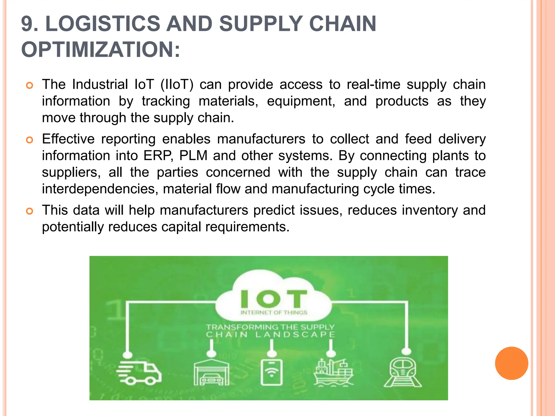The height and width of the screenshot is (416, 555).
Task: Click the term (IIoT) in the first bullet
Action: (177, 84)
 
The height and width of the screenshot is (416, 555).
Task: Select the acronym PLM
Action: (193, 156)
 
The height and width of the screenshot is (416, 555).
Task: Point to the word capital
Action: (181, 227)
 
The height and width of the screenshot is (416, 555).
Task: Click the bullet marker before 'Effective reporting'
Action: (29, 140)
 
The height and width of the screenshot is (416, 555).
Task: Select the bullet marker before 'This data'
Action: (29, 211)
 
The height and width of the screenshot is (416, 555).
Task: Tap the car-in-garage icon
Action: (211, 372)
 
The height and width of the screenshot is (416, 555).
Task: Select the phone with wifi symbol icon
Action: (271, 372)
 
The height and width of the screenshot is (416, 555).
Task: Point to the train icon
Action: (403, 372)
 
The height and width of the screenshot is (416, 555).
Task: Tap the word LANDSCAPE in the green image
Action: (295, 335)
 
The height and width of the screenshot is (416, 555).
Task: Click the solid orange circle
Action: (511, 363)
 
